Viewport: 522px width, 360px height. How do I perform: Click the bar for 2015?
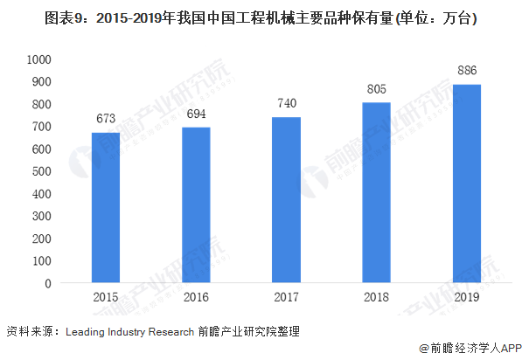point(106,208)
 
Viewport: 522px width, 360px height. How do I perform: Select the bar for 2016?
point(196,205)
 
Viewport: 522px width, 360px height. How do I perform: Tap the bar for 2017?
point(286,200)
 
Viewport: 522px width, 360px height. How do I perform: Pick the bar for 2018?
point(376,193)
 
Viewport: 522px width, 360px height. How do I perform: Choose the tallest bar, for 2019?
point(466,183)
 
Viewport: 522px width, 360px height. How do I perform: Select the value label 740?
point(286,105)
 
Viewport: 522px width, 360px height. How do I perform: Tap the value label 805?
point(376,90)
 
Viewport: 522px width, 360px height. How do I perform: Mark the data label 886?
point(466,72)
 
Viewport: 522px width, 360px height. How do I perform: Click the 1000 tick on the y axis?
point(40,59)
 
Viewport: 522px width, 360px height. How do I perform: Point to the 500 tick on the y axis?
point(44,171)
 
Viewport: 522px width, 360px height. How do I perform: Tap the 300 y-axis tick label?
point(44,216)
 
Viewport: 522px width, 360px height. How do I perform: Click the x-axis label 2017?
point(286,299)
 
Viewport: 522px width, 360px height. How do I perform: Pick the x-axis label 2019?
point(466,299)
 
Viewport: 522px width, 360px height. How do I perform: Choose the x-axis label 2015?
point(106,299)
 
